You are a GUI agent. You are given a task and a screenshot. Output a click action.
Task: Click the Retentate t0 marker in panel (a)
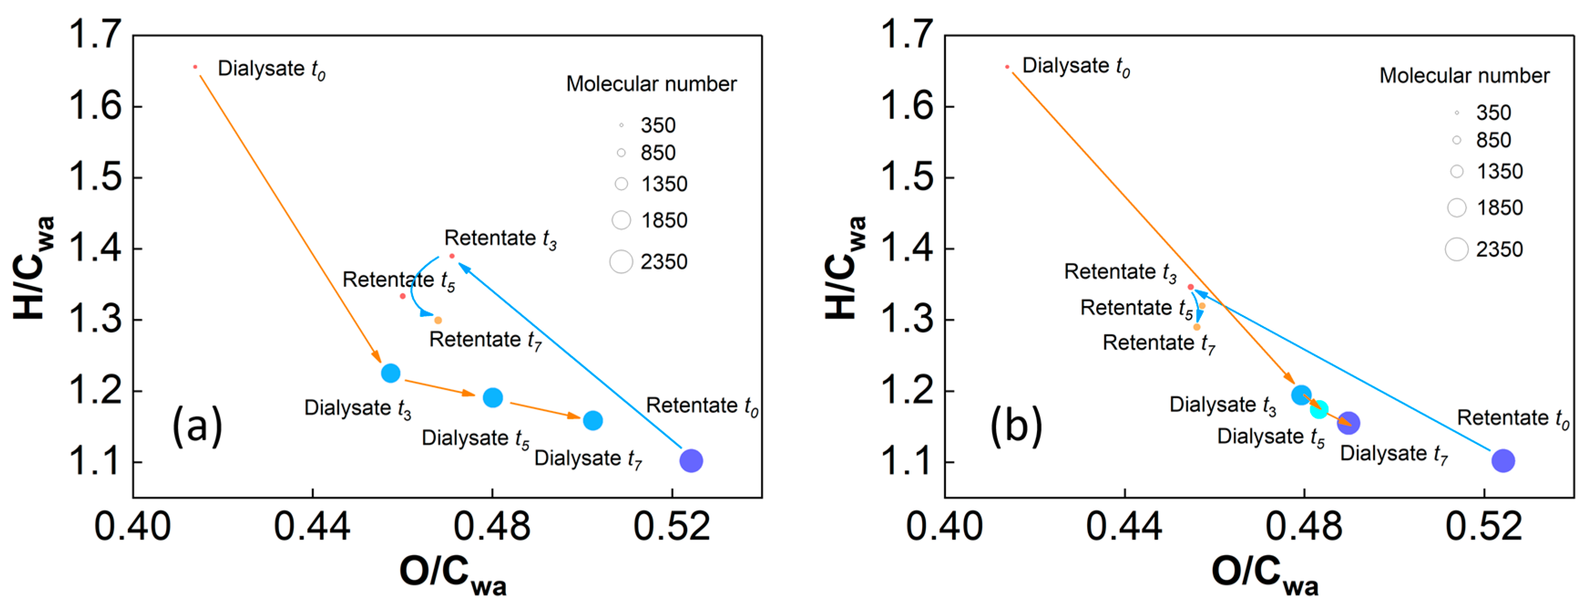tap(691, 460)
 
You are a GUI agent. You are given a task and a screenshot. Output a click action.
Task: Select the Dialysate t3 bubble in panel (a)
tap(390, 373)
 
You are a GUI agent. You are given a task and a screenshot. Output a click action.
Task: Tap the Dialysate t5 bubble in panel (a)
tap(492, 398)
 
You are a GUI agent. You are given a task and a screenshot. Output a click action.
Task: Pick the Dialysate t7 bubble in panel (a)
tap(592, 420)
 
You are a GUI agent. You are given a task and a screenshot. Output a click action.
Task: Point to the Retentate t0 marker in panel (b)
tap(1503, 460)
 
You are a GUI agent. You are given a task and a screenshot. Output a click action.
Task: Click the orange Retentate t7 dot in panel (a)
tap(438, 320)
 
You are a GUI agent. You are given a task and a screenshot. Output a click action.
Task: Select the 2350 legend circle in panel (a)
tap(621, 261)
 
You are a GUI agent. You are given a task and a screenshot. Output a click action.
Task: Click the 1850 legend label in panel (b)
tap(1500, 208)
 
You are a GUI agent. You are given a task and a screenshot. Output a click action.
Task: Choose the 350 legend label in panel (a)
tap(658, 126)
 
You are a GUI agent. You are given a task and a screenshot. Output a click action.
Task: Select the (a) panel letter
tap(197, 426)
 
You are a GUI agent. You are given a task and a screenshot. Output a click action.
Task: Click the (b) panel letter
tap(1016, 426)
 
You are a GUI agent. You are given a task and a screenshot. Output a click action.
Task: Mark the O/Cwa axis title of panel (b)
tap(1264, 574)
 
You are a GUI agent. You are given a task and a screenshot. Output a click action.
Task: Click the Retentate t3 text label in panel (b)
tap(1120, 272)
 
